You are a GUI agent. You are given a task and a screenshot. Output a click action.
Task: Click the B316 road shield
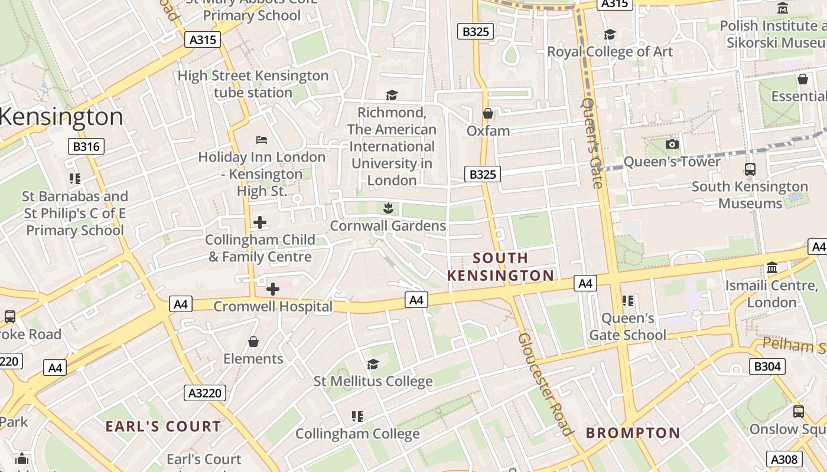tap(86, 146)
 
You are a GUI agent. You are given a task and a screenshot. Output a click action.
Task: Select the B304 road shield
tap(767, 366)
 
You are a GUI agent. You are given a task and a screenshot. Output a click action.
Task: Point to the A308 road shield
tap(784, 459)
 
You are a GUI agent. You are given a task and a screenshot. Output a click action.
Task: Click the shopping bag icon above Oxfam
tap(488, 113)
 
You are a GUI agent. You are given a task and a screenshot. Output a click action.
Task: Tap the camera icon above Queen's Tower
tap(672, 145)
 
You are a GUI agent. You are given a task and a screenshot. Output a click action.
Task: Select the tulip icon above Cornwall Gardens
tap(388, 208)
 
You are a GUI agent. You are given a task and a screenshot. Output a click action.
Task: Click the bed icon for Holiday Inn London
tap(262, 140)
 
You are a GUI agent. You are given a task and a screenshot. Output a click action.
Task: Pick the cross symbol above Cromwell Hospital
tap(273, 289)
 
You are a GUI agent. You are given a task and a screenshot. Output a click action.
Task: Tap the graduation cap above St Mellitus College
tap(373, 364)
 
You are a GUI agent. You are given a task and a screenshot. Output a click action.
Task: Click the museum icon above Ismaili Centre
tap(771, 268)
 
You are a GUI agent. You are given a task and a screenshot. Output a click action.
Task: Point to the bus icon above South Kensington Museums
tap(750, 169)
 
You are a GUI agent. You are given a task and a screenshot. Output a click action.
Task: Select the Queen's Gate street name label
tap(592, 143)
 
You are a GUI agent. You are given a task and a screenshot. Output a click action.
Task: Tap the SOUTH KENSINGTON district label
tap(500, 267)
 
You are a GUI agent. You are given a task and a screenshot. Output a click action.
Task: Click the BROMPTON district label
tap(633, 433)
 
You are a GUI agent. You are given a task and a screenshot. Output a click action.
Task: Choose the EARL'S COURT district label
tap(163, 427)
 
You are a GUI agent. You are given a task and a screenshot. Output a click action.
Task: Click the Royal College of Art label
tap(610, 52)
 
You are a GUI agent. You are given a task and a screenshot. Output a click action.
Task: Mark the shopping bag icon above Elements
tap(253, 342)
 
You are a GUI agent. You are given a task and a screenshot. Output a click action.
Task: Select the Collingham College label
tap(357, 434)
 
